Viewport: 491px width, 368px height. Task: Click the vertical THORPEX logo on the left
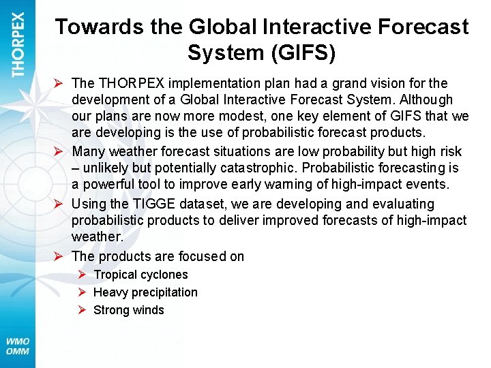point(18,44)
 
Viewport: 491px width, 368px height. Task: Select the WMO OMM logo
point(18,346)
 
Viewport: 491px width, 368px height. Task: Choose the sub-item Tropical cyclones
point(140,275)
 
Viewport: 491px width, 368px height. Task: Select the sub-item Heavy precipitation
point(145,292)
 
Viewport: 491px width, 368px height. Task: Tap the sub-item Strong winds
point(129,310)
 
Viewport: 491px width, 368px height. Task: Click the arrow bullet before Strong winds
point(81,310)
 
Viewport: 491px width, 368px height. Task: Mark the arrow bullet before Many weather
point(59,151)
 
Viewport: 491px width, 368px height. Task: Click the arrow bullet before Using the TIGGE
point(59,204)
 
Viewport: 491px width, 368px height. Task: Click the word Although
point(425,99)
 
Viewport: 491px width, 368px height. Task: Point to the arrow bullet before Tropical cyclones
point(81,275)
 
